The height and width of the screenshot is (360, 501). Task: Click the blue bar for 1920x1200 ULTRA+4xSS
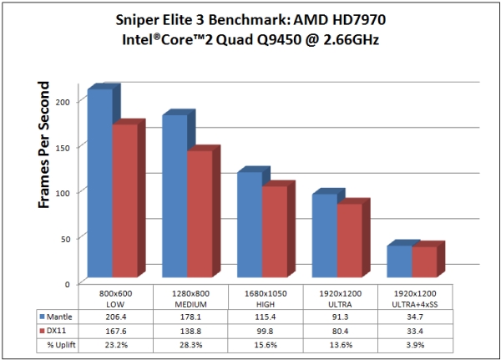point(399,261)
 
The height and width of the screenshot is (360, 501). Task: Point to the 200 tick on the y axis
point(70,100)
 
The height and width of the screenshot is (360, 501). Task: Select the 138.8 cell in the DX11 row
point(190,332)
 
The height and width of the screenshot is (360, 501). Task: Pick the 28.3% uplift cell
point(190,346)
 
